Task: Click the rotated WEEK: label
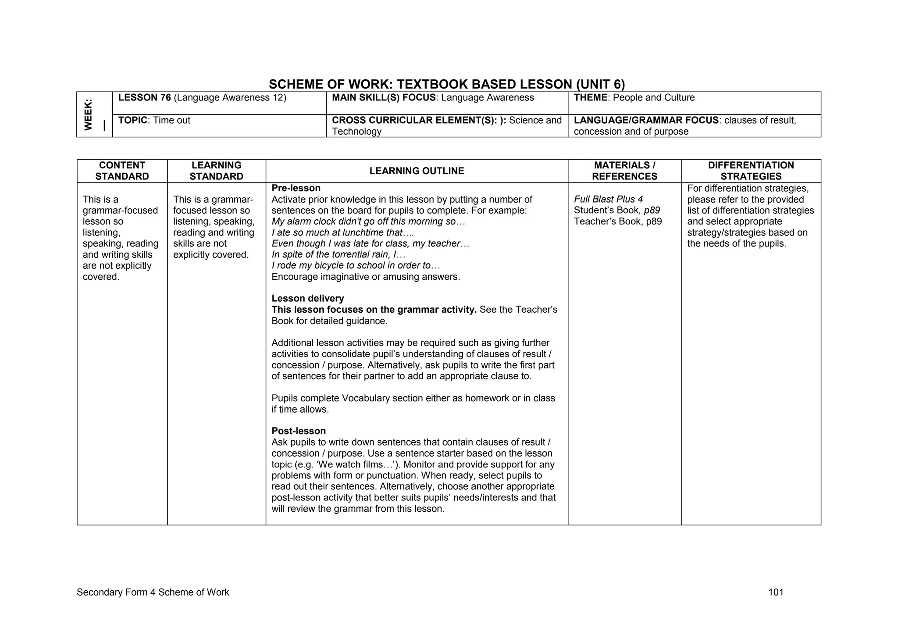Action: (x=89, y=114)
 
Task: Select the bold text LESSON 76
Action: (x=144, y=98)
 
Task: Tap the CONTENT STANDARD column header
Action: (x=122, y=171)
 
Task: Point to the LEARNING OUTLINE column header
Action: (x=417, y=171)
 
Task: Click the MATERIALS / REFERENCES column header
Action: (x=624, y=171)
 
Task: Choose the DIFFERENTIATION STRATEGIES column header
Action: (x=751, y=171)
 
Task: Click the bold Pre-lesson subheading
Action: (x=296, y=188)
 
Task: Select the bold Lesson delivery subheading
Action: (x=307, y=299)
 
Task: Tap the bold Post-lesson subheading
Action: (x=299, y=431)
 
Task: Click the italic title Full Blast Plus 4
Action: (x=608, y=199)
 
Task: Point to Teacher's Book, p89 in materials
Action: (x=617, y=221)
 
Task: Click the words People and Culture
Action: (x=653, y=98)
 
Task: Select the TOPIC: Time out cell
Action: (x=154, y=121)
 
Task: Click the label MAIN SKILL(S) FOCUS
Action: (x=384, y=98)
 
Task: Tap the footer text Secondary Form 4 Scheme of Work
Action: (x=153, y=592)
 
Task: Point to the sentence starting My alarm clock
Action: (x=368, y=221)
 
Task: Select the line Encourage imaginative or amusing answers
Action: (x=366, y=277)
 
